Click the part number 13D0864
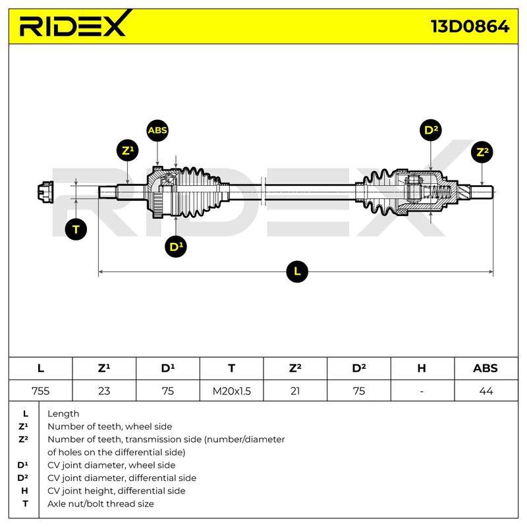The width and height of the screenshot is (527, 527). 470,26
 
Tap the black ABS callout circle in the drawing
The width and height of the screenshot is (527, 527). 157,130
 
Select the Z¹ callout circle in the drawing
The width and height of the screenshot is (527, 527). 128,150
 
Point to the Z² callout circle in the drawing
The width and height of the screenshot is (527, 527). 482,152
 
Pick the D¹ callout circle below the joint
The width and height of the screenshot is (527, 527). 176,246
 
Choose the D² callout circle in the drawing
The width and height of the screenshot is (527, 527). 431,130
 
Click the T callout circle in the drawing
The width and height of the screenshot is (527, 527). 76,229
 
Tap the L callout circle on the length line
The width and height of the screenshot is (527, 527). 297,271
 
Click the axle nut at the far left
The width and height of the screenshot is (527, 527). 45,192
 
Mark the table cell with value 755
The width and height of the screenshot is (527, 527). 41,391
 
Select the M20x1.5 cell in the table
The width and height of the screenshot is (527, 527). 232,391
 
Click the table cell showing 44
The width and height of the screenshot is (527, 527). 486,391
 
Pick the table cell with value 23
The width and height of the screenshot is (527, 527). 104,391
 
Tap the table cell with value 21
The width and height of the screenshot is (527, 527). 295,391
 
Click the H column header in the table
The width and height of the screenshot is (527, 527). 422,368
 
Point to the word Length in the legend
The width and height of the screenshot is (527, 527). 63,414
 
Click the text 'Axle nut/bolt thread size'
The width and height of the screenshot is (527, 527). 101,504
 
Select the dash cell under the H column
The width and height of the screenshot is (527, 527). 422,391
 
